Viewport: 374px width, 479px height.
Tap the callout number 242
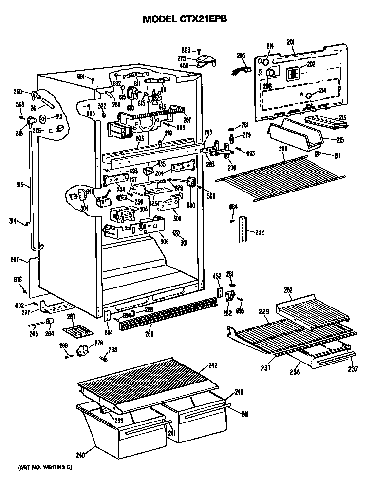tap(212, 364)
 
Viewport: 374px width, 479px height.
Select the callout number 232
tap(260, 232)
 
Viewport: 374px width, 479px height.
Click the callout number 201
tap(291, 43)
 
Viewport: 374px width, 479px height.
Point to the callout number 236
tap(295, 372)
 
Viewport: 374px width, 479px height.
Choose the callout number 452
tap(217, 276)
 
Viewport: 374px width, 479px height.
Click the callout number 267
tap(15, 259)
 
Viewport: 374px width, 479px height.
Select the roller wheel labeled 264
tap(49, 320)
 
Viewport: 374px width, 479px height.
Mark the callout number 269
tap(63, 345)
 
